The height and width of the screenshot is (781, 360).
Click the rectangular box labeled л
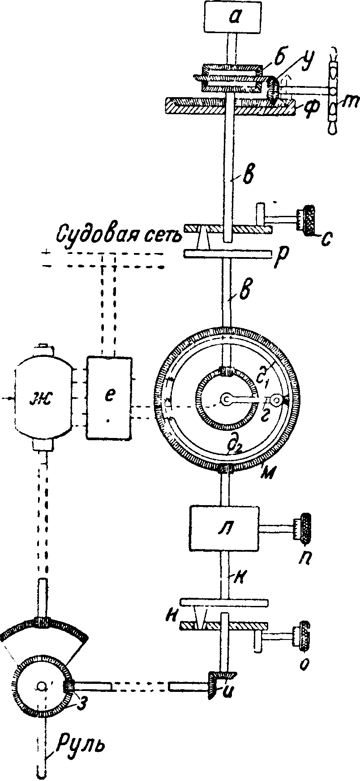(x=224, y=528)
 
